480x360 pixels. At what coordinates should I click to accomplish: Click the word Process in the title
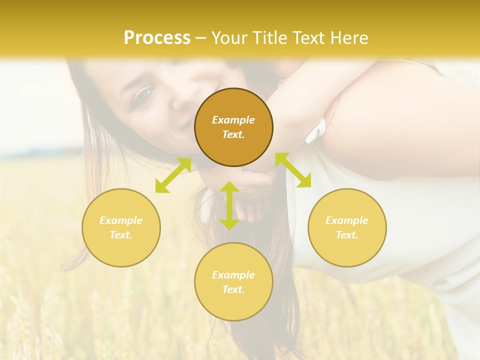(x=157, y=38)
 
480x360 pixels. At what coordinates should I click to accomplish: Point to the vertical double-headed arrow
(x=229, y=205)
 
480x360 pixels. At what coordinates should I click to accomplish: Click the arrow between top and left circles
(x=173, y=175)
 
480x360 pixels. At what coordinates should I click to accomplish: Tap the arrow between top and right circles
(x=293, y=170)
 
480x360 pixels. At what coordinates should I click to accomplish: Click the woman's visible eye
(x=144, y=93)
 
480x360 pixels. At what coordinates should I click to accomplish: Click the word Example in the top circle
(x=233, y=120)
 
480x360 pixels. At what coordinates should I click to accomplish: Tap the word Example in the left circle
(x=121, y=220)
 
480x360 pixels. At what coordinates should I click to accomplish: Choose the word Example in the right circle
(x=347, y=220)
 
